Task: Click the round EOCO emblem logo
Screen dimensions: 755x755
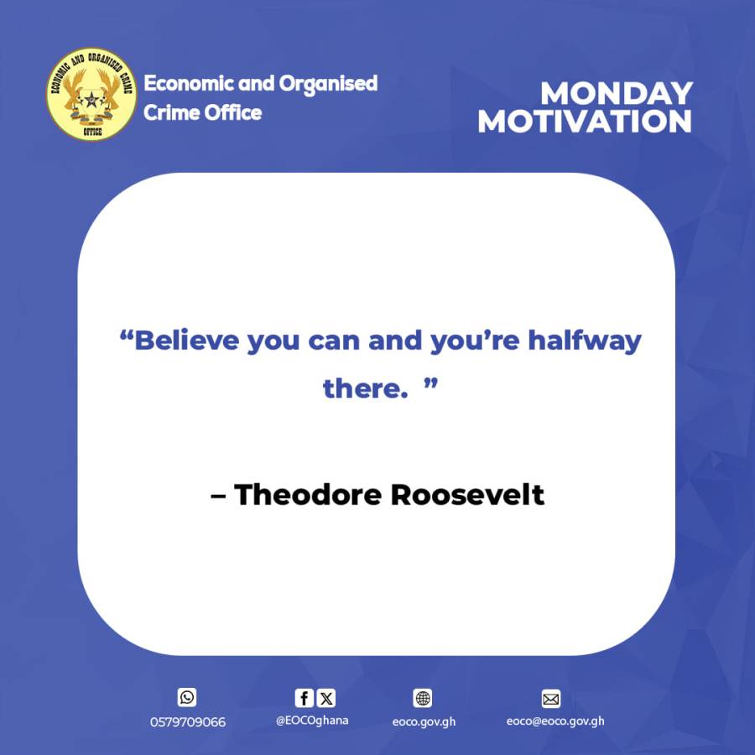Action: coord(91,94)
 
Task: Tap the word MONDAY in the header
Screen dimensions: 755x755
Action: coord(616,93)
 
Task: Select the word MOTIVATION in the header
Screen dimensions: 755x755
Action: coord(585,122)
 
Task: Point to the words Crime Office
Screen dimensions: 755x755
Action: coord(202,112)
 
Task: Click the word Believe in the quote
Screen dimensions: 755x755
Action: coord(187,341)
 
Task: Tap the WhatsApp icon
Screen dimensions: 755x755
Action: coord(187,697)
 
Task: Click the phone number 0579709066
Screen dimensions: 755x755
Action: coord(188,721)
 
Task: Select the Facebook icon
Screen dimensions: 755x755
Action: coord(304,698)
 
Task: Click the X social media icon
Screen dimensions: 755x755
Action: coord(325,698)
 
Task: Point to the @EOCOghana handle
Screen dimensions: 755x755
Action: coord(312,720)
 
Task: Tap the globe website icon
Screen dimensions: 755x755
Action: coord(423,698)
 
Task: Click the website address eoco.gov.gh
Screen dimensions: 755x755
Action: coord(424,721)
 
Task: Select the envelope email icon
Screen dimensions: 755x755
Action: coord(550,699)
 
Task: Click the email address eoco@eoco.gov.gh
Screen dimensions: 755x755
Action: coord(555,721)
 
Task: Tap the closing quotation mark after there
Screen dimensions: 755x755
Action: coord(431,383)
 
